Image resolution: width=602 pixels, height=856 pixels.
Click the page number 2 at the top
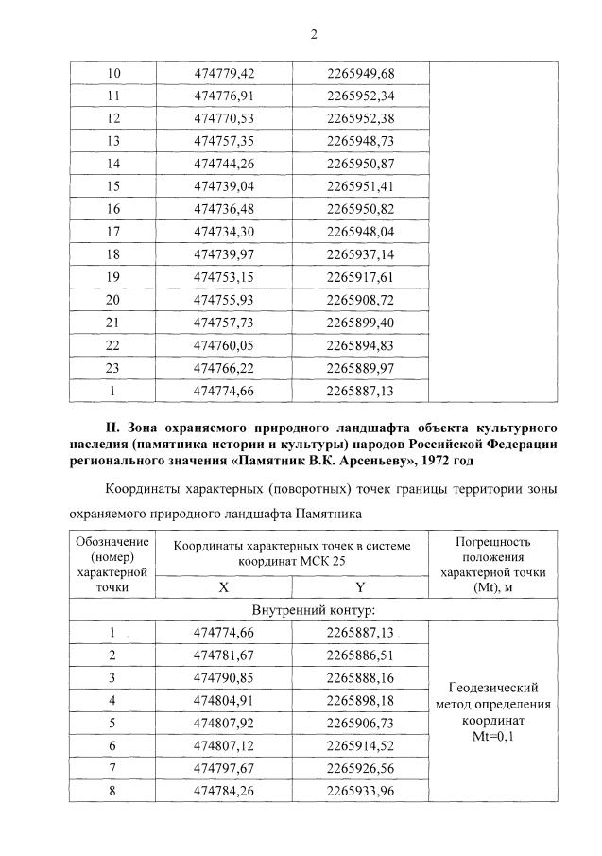click(x=314, y=35)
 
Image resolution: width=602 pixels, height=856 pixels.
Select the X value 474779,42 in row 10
click(x=224, y=73)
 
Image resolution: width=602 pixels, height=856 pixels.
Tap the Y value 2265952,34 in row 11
click(x=360, y=96)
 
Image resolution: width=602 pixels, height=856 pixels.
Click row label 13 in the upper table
click(x=114, y=141)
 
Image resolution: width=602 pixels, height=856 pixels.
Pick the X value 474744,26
click(x=224, y=164)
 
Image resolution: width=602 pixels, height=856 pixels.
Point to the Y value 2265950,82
click(x=360, y=209)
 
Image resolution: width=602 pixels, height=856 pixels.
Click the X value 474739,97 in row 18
click(x=224, y=254)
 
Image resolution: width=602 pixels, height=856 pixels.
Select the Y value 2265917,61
click(x=360, y=277)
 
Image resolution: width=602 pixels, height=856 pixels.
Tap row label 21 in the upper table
click(x=114, y=323)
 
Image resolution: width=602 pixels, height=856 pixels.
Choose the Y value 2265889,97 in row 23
click(x=360, y=368)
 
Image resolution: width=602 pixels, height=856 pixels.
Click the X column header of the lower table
click(x=224, y=585)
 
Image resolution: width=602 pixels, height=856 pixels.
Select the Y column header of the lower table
click(x=360, y=585)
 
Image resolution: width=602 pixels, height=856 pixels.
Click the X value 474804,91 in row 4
click(x=224, y=701)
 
